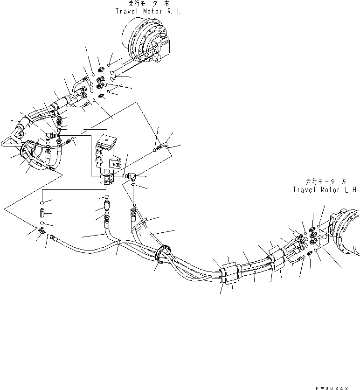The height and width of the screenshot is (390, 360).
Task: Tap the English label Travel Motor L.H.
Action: pyautogui.click(x=325, y=190)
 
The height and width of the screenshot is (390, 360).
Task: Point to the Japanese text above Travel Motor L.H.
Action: pyautogui.click(x=325, y=182)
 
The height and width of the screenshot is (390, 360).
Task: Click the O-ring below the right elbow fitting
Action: pyautogui.click(x=134, y=186)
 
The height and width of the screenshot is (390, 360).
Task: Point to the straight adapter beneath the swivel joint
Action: pyautogui.click(x=107, y=205)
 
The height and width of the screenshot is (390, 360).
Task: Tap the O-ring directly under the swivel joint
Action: pyautogui.click(x=107, y=197)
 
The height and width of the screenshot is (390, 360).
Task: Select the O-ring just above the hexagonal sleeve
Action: pyautogui.click(x=42, y=203)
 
